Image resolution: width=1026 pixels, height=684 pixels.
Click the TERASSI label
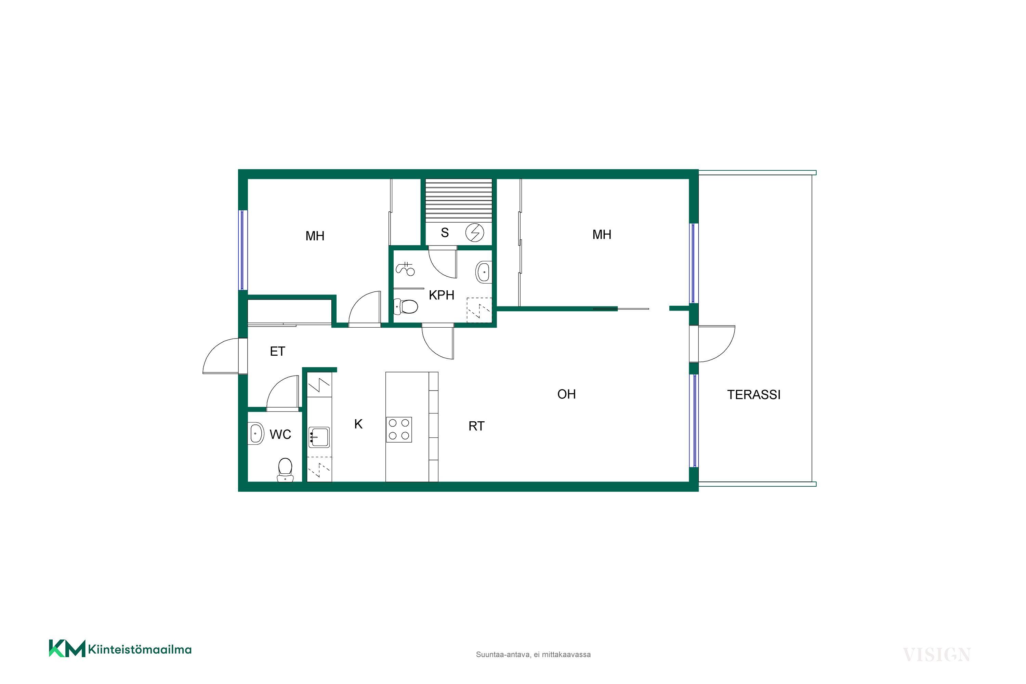(754, 395)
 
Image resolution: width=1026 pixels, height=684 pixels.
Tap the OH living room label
(567, 394)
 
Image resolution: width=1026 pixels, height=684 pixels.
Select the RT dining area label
(476, 426)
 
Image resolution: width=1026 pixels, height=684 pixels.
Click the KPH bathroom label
(442, 295)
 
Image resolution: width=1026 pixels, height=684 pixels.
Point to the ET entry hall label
(277, 352)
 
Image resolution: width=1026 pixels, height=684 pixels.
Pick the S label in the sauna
(445, 233)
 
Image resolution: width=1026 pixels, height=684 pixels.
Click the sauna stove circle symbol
(475, 233)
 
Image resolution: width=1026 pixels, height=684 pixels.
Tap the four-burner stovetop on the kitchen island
(399, 430)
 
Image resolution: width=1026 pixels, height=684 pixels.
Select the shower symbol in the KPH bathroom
(406, 268)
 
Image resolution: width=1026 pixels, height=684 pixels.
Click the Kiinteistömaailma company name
(140, 649)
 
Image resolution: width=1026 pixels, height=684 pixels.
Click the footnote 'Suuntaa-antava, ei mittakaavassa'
(533, 654)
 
